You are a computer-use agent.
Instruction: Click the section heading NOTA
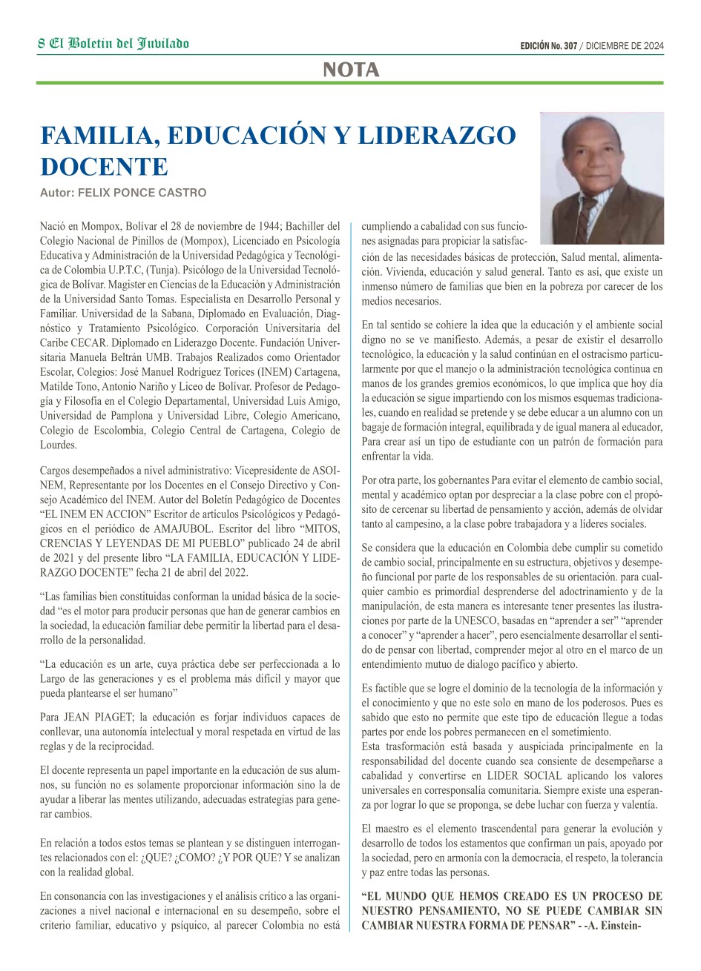[x=351, y=70]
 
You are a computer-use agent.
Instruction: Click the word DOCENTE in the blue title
[x=105, y=165]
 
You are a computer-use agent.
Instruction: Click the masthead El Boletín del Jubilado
[x=119, y=44]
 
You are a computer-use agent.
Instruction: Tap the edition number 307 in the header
[x=570, y=46]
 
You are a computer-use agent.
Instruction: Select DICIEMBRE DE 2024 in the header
[x=625, y=46]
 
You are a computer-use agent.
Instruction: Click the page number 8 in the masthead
[x=42, y=44]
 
